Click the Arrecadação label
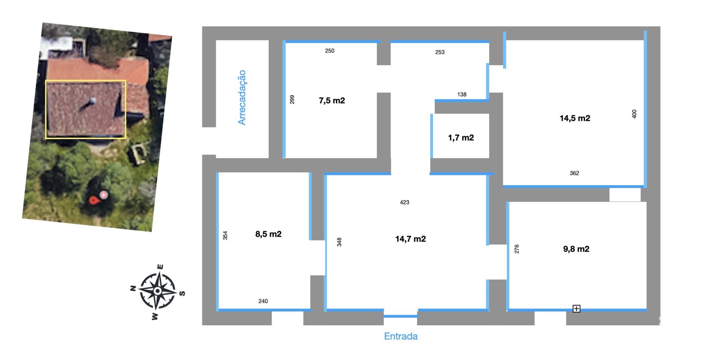click(242, 97)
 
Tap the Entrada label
click(401, 336)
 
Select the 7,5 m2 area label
click(332, 100)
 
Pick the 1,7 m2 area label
click(461, 138)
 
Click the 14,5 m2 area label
click(575, 118)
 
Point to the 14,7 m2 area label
click(410, 239)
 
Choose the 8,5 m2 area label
click(268, 234)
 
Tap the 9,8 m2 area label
click(576, 249)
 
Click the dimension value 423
click(405, 202)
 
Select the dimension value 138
click(462, 95)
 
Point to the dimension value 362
click(574, 173)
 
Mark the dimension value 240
click(263, 301)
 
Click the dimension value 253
click(440, 52)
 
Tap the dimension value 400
click(634, 114)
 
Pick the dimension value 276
click(517, 249)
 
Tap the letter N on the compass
click(133, 288)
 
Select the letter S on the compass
click(182, 293)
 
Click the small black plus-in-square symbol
click(576, 309)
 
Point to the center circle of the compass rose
click(157, 291)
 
